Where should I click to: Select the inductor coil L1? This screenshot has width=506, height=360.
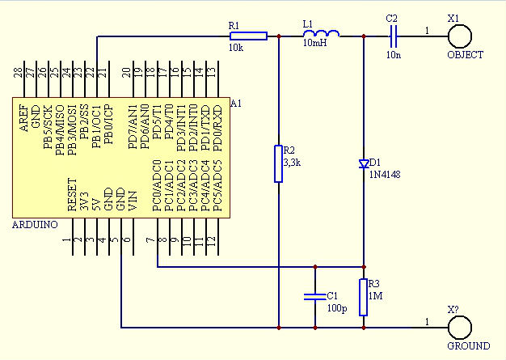coord(321,34)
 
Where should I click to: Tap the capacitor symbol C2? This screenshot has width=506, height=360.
coord(392,36)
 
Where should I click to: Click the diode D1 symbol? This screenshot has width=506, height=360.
coord(364,164)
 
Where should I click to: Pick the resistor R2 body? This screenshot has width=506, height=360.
coord(278,163)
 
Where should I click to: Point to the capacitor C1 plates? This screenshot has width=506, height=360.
coord(314,296)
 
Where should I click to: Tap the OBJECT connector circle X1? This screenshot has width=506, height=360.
coord(460,36)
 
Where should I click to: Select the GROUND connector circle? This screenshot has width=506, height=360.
coord(460,328)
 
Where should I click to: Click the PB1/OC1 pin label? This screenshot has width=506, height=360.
coord(96,122)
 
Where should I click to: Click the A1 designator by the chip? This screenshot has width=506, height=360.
coord(236,103)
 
